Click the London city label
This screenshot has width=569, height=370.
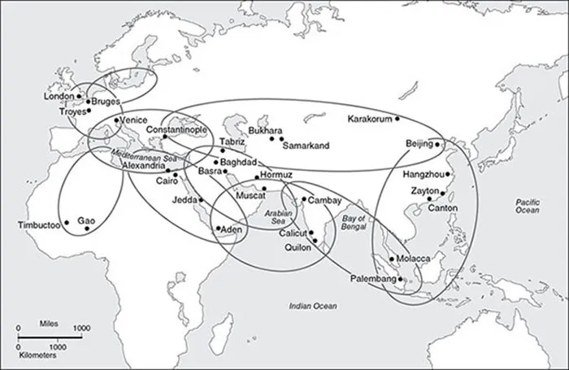point(59,96)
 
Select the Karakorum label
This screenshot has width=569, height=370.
point(370,119)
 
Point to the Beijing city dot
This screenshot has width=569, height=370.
point(437,145)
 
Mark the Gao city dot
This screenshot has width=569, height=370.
point(86,229)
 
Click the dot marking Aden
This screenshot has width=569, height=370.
point(217,229)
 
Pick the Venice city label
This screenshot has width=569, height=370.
point(133,120)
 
